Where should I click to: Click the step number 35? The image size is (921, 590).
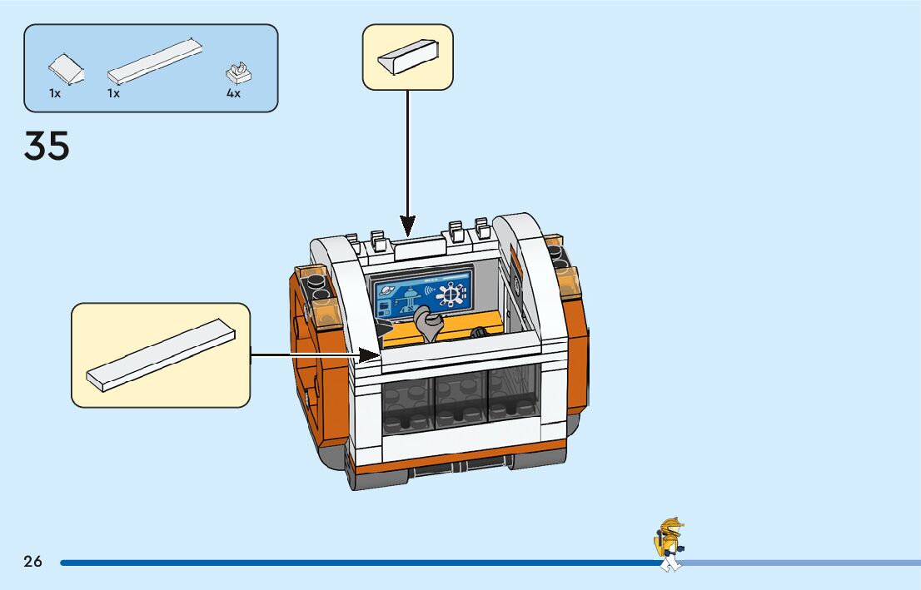pos(47,146)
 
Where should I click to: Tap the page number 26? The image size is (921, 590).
pos(32,561)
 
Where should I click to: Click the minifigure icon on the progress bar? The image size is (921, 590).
pos(669,545)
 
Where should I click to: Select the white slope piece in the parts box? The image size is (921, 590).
pos(67,70)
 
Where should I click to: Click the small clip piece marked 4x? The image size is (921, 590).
pos(240,73)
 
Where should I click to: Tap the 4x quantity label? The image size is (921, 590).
pos(233,94)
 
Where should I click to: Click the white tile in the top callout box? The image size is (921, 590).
pos(408,57)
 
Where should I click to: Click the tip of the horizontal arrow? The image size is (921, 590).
pos(378,356)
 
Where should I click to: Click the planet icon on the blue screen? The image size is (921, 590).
pos(388,290)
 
